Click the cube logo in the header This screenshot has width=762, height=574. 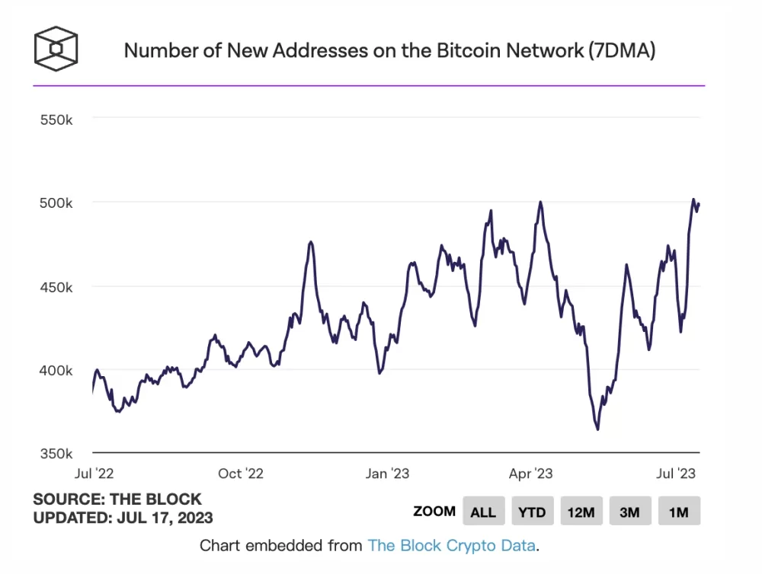pyautogui.click(x=56, y=48)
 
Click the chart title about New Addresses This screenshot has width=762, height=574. pyautogui.click(x=389, y=51)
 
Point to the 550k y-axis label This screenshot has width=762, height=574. pyautogui.click(x=56, y=120)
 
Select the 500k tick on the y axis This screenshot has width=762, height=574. pyautogui.click(x=56, y=203)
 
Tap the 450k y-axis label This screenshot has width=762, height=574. pyautogui.click(x=56, y=288)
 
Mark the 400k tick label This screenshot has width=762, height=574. pyautogui.click(x=56, y=371)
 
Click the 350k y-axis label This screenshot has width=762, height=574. pyautogui.click(x=56, y=454)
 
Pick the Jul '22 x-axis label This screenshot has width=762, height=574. pyautogui.click(x=94, y=474)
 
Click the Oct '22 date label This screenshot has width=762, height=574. pyautogui.click(x=241, y=474)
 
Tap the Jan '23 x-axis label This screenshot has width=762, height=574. pyautogui.click(x=387, y=474)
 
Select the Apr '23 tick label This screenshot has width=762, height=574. pyautogui.click(x=530, y=474)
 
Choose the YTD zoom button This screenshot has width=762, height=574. pyautogui.click(x=532, y=512)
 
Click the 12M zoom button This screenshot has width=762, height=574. pyautogui.click(x=581, y=512)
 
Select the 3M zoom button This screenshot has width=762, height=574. pyautogui.click(x=629, y=512)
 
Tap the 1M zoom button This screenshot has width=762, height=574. pyautogui.click(x=678, y=512)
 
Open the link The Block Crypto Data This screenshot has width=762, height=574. pyautogui.click(x=453, y=546)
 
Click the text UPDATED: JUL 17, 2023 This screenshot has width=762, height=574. pyautogui.click(x=123, y=518)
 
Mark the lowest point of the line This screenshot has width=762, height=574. pyautogui.click(x=597, y=429)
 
